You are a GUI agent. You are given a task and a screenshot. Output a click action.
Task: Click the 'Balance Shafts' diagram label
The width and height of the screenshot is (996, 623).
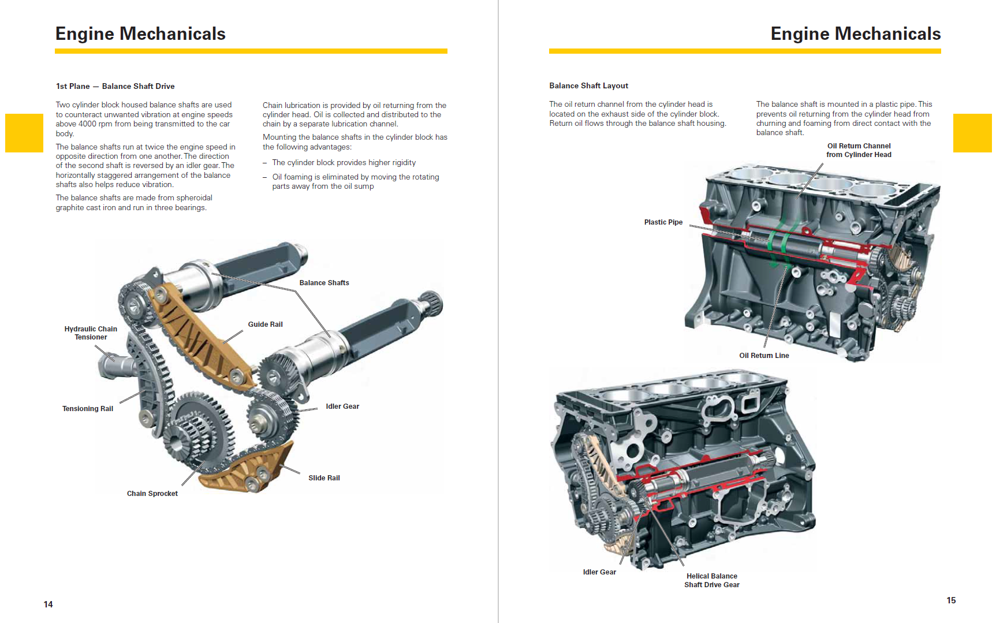(x=324, y=283)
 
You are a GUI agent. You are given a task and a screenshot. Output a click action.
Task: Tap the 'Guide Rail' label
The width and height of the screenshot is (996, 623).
(x=265, y=324)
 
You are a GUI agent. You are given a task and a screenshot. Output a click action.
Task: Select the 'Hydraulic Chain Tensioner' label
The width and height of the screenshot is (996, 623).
(x=91, y=333)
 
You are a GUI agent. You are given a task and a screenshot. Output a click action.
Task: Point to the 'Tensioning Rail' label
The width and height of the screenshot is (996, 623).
(x=88, y=409)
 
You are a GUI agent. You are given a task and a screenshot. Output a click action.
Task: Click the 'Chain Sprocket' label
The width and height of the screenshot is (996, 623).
(x=152, y=494)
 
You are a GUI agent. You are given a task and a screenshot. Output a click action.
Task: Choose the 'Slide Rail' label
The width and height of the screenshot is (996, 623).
(x=324, y=478)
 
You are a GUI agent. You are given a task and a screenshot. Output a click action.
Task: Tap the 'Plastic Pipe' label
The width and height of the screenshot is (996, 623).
(x=663, y=222)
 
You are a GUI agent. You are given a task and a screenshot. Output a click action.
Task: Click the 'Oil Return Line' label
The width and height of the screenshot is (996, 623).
(x=764, y=356)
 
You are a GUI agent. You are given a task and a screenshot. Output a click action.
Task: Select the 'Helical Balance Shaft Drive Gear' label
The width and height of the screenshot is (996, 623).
(x=712, y=580)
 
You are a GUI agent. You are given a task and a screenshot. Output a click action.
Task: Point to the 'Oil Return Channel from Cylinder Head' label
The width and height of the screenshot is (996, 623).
(x=859, y=150)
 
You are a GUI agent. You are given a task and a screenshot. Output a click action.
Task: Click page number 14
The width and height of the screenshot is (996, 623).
(x=49, y=605)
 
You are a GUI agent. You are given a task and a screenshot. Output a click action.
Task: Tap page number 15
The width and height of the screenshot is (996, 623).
(x=951, y=600)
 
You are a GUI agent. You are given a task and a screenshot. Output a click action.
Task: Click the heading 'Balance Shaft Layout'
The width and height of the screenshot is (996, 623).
(x=588, y=86)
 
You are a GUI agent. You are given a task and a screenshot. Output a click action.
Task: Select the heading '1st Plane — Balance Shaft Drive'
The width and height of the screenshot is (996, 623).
(x=115, y=87)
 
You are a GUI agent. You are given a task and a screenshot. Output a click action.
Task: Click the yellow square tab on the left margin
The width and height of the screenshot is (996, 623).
(x=24, y=133)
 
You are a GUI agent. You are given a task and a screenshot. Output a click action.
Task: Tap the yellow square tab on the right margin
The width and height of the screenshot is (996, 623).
(x=972, y=133)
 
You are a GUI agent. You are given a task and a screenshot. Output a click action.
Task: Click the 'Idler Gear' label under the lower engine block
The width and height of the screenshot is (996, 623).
(x=599, y=572)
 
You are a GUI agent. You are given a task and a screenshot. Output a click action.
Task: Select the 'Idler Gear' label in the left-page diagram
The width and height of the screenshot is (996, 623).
(x=342, y=406)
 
